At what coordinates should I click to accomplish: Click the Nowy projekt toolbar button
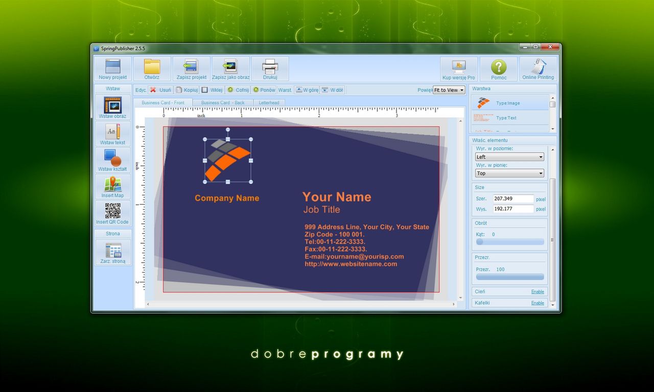click(112, 69)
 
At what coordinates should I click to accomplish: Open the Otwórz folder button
click(152, 69)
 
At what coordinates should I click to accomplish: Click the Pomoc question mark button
click(499, 69)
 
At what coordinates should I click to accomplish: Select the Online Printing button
click(538, 69)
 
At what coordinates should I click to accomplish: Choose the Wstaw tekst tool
click(112, 134)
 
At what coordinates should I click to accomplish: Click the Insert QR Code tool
click(112, 213)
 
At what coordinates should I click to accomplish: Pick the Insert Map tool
click(112, 187)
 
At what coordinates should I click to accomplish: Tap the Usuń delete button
click(160, 90)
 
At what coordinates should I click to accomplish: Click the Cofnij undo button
click(238, 90)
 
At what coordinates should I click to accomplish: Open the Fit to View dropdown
click(449, 90)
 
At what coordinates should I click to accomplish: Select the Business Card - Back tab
click(223, 103)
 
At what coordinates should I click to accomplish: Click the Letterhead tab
click(269, 103)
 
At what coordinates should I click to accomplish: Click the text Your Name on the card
click(337, 197)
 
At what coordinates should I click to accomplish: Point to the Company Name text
click(227, 198)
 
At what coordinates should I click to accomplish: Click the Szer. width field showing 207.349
click(513, 199)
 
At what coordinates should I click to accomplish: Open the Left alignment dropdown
click(509, 157)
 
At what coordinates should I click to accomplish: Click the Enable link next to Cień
click(538, 291)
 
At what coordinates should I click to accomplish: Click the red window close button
click(550, 47)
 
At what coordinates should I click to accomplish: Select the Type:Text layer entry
click(506, 118)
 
